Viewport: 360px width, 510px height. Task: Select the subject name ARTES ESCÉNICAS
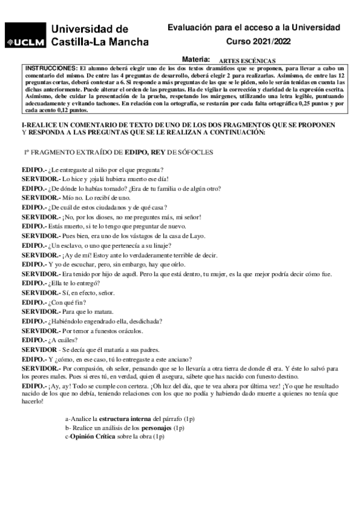coord(247,61)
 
